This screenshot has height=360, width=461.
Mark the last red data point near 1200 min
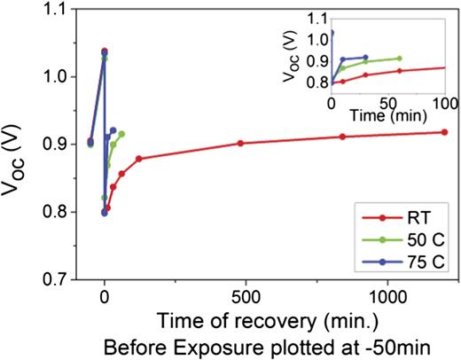(443, 132)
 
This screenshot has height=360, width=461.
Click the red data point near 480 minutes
(240, 143)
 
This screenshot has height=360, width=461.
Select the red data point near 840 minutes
(342, 137)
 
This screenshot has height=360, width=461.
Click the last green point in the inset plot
(399, 59)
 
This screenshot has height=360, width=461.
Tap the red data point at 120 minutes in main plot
(138, 159)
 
